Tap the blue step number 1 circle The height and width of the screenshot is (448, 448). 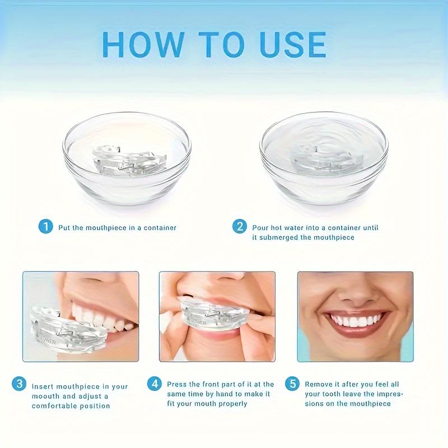tap(45, 227)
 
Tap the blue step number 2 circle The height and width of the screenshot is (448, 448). tap(240, 227)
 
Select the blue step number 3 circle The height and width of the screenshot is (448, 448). tap(19, 385)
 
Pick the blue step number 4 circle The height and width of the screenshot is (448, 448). tap(155, 384)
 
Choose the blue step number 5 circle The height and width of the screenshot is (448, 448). tap(292, 384)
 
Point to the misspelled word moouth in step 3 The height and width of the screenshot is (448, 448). tap(45, 396)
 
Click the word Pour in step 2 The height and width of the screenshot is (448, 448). tap(260, 228)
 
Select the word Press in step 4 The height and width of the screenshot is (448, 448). tap(177, 385)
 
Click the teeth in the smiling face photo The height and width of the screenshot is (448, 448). tap(356, 321)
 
